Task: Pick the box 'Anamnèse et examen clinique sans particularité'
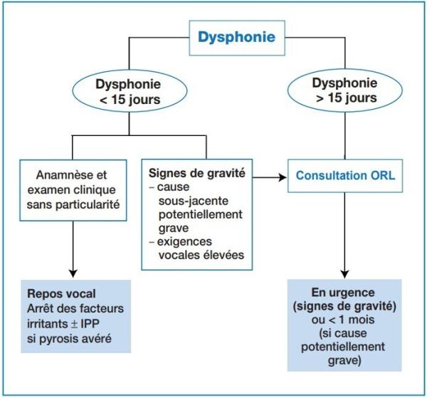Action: [x=74, y=187]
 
